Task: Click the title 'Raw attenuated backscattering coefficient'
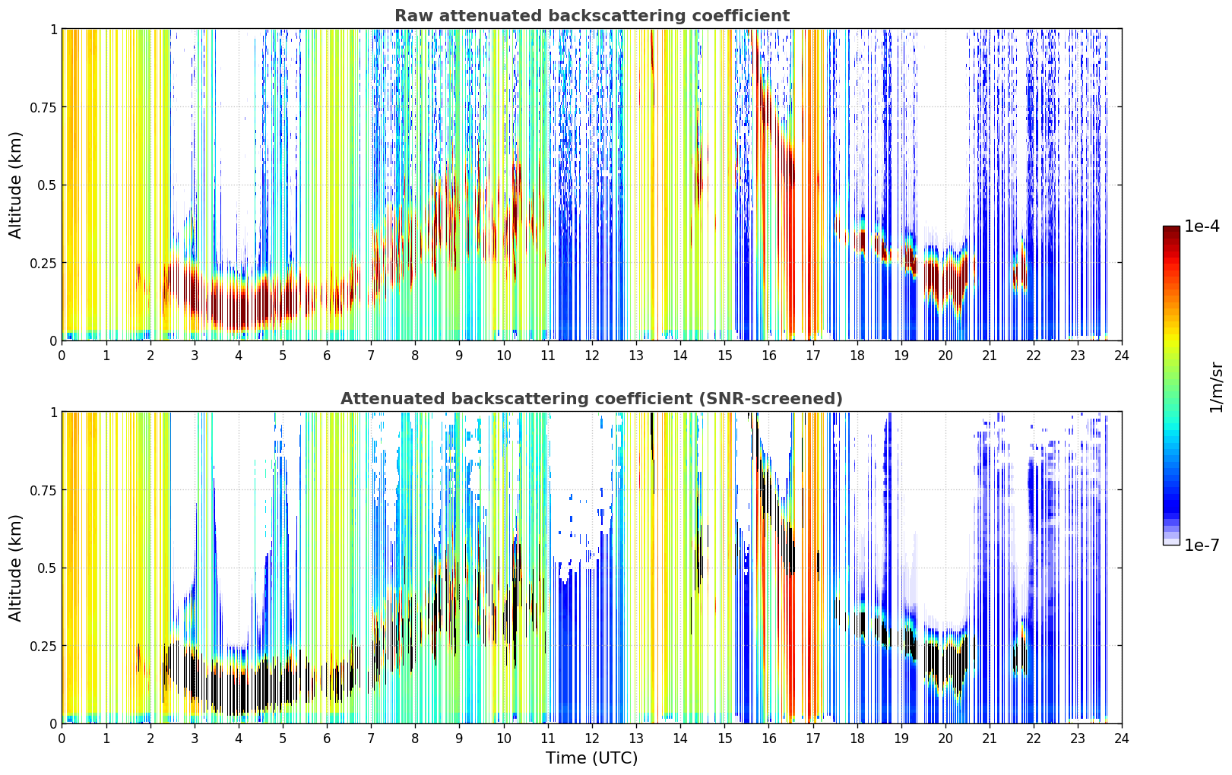[x=592, y=15]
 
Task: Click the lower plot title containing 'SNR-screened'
[x=591, y=398]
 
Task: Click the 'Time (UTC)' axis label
[x=592, y=758]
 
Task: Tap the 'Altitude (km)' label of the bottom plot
[x=15, y=568]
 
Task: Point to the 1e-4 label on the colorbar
[x=1202, y=226]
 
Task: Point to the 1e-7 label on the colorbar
[x=1202, y=546]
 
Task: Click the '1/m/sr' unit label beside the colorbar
[x=1216, y=387]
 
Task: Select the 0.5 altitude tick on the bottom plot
[x=47, y=568]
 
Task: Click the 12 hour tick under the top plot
[x=592, y=356]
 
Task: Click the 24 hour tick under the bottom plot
[x=1122, y=739]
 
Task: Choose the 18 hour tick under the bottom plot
[x=857, y=739]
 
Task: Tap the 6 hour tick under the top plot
[x=327, y=356]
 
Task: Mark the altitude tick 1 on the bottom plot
[x=54, y=413]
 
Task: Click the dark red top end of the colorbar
[x=1171, y=229]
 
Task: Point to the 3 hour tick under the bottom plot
[x=194, y=739]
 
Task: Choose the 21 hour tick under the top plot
[x=990, y=356]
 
